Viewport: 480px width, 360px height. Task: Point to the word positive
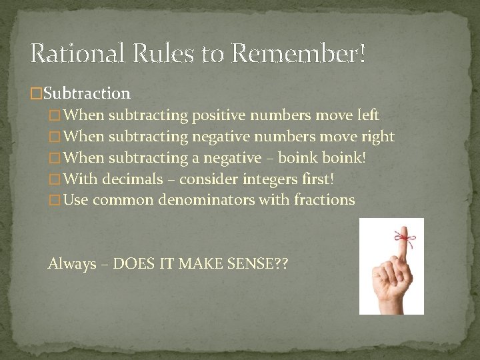pos(218,115)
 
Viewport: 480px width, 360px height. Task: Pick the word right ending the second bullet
pos(378,137)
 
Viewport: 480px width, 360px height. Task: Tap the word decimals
pos(133,179)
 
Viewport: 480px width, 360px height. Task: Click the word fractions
pos(327,200)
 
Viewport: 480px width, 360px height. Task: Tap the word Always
pos(72,264)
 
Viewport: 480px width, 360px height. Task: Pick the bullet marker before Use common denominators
pos(55,200)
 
